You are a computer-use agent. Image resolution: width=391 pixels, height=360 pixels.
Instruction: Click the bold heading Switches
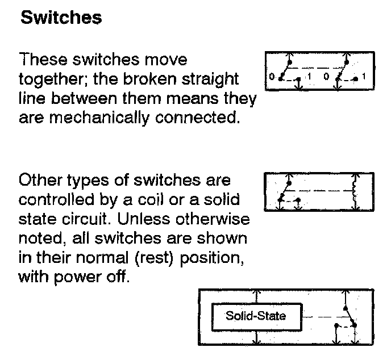(x=61, y=18)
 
